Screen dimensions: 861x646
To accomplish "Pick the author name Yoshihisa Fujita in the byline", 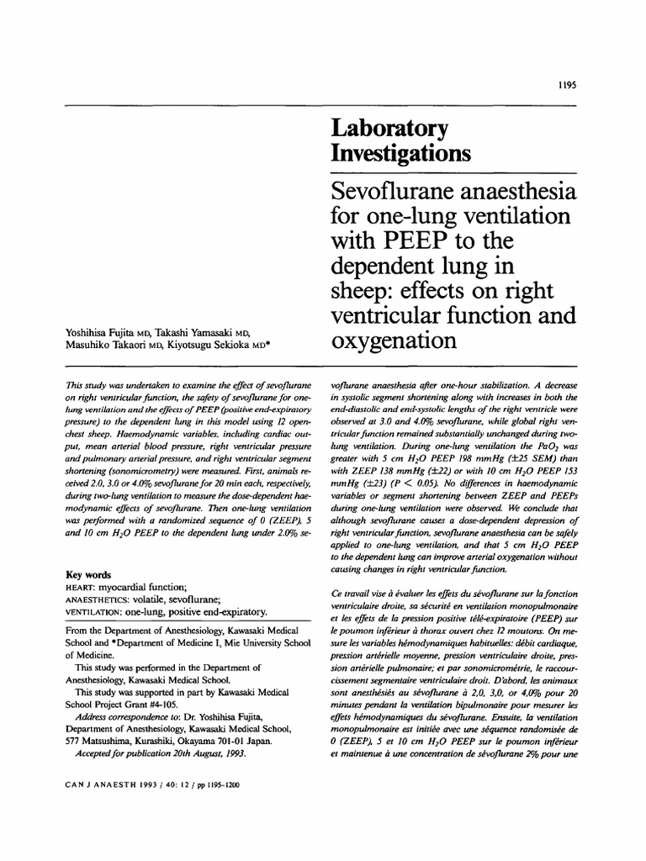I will tap(101, 332).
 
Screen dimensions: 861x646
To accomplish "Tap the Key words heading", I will tap(89, 575).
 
